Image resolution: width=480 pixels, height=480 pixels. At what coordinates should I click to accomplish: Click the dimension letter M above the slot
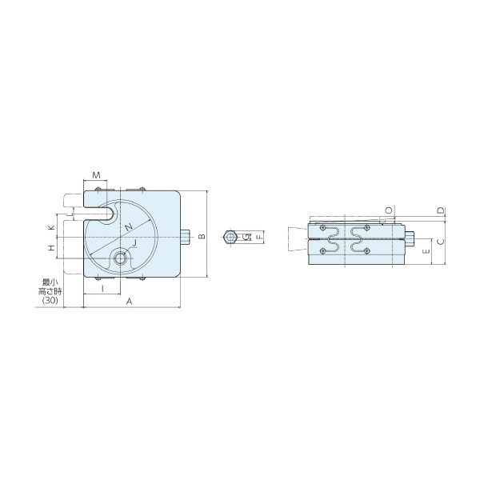point(97,175)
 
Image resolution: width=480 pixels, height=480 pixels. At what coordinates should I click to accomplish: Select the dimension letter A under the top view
point(129,302)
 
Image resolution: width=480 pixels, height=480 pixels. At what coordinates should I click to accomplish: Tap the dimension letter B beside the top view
point(202,236)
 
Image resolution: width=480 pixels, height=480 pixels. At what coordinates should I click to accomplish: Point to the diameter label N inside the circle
point(129,227)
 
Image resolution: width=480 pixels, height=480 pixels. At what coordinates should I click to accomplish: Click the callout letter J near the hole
point(134,242)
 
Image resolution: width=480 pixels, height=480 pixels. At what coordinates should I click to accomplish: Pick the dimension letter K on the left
point(51,227)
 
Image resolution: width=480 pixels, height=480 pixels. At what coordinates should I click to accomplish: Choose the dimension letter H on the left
point(51,248)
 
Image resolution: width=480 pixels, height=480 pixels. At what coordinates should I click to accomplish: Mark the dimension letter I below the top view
point(102,288)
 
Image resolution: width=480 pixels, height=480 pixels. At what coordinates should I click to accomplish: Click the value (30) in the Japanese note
point(50,301)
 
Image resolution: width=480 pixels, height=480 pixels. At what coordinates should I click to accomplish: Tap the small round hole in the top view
point(121,258)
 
